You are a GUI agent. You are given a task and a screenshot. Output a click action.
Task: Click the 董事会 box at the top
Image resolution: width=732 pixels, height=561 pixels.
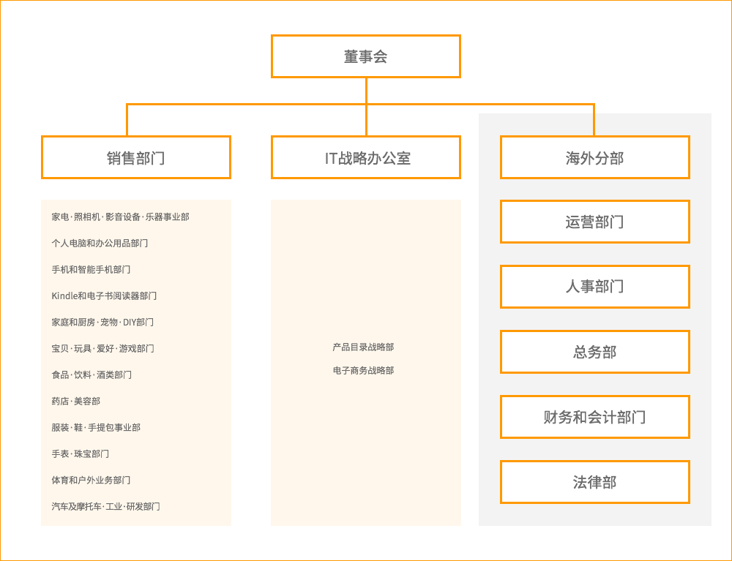366,56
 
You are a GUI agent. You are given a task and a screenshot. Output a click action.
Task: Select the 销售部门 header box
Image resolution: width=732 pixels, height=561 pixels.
136,157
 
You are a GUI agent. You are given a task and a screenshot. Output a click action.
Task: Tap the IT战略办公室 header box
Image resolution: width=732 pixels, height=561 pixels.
366,157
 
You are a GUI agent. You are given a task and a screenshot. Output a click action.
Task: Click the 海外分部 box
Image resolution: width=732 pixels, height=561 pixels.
594,157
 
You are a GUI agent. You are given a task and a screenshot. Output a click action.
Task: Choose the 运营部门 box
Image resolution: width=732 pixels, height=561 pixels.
594,222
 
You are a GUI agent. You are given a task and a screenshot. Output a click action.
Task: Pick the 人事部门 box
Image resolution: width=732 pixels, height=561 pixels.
594,287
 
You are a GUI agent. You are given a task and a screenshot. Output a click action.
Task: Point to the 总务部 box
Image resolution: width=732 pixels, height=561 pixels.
594,352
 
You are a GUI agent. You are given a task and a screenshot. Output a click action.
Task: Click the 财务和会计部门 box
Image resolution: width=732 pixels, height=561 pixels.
594,417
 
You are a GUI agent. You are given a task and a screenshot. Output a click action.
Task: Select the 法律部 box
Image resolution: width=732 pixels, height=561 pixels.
594,482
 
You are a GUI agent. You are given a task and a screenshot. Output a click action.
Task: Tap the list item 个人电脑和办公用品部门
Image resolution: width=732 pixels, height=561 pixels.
100,244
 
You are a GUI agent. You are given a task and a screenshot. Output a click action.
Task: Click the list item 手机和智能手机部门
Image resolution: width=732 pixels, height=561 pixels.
91,270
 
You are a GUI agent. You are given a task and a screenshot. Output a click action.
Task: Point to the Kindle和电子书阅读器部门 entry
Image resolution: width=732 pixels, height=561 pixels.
104,296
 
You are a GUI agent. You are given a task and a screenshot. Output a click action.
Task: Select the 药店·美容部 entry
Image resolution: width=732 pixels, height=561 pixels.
75,402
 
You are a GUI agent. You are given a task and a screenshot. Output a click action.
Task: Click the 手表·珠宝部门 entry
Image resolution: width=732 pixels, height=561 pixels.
80,454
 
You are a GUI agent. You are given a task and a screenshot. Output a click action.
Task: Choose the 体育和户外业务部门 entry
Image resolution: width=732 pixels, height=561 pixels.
91,481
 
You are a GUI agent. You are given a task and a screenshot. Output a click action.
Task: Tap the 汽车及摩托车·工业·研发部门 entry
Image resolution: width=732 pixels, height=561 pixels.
105,507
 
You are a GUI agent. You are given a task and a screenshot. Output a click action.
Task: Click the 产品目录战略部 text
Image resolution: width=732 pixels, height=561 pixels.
363,347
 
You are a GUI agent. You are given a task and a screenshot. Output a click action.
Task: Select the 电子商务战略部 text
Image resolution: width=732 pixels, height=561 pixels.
363,371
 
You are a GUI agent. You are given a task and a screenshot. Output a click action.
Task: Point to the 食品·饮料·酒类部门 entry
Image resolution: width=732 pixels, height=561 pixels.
91,375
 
